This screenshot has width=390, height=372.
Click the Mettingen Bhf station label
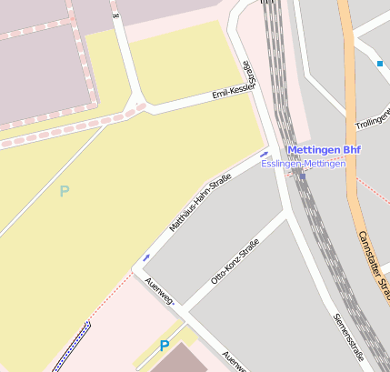[x=324, y=149]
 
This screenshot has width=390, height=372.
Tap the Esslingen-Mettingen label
[x=304, y=163]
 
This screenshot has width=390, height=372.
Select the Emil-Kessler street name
[x=234, y=92]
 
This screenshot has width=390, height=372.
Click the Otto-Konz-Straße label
[x=235, y=260]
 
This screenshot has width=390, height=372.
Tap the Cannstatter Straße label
[x=374, y=264]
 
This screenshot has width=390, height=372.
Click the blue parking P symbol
[x=165, y=346]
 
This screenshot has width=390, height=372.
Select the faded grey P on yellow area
[x=64, y=191]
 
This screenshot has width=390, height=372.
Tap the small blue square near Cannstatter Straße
[x=379, y=63]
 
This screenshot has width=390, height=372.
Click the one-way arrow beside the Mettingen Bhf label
[x=265, y=154]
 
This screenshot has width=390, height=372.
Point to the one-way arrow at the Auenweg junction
[x=145, y=258]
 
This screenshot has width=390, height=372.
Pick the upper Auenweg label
[x=159, y=293]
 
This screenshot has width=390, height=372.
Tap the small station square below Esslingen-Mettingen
[x=302, y=176]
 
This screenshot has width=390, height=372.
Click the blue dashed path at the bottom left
[x=71, y=347]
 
